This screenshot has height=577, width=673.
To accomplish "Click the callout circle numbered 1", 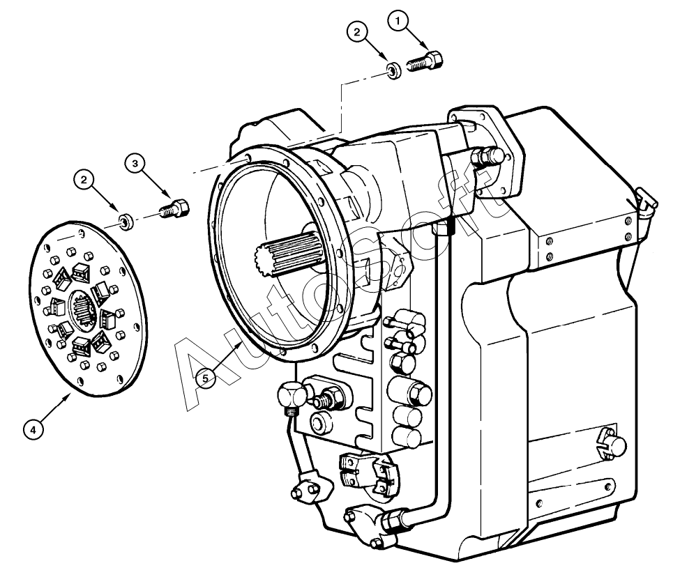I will (x=399, y=21).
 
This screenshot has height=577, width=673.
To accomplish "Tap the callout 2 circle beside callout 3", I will (x=84, y=180).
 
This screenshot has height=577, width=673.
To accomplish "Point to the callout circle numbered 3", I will (x=135, y=163).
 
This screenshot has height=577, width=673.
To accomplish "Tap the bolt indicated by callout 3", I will (x=175, y=208).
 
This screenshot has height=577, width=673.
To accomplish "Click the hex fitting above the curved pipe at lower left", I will (x=292, y=395).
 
